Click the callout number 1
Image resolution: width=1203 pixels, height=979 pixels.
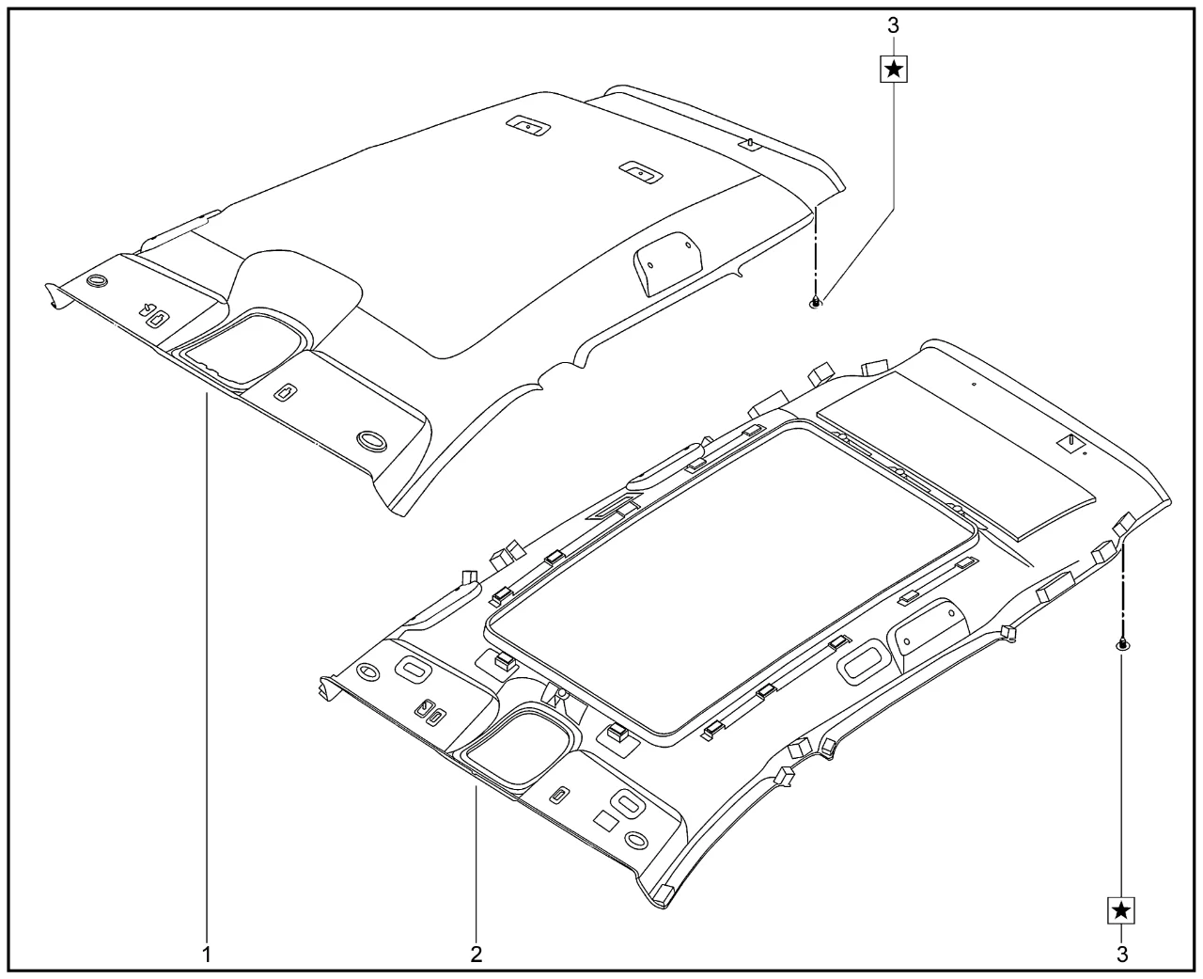pyautogui.click(x=207, y=955)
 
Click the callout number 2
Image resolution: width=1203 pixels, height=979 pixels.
pyautogui.click(x=477, y=955)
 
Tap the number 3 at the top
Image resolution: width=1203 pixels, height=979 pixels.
pyautogui.click(x=893, y=25)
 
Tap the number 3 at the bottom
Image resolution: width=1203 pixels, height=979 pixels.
pyautogui.click(x=1122, y=955)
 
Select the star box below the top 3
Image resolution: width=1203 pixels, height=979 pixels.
pyautogui.click(x=894, y=70)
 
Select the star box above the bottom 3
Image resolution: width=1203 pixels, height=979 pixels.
pyautogui.click(x=1121, y=910)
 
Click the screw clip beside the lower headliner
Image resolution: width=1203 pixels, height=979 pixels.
pyautogui.click(x=1122, y=644)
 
